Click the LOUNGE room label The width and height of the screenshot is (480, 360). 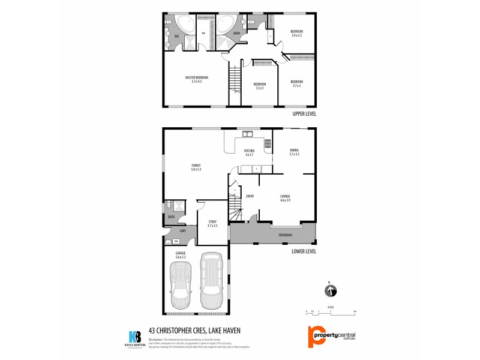(285, 197)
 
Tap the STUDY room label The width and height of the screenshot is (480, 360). (211, 223)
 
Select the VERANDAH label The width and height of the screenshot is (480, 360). (285, 235)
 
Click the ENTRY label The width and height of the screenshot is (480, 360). (250, 196)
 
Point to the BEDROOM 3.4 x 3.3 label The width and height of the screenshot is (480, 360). (296, 33)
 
